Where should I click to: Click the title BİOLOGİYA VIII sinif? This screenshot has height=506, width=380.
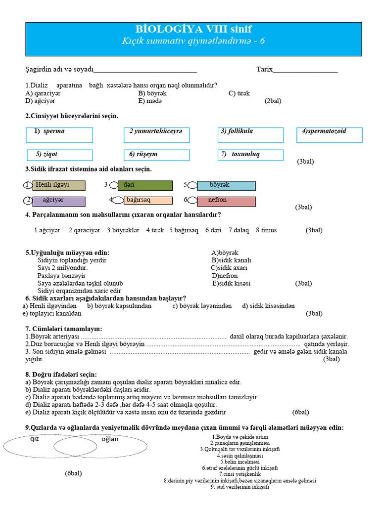tap(193, 29)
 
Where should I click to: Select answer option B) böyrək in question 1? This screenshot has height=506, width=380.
tap(152, 93)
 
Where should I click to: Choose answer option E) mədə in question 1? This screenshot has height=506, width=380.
tap(150, 101)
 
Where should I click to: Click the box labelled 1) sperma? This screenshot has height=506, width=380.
tap(59, 135)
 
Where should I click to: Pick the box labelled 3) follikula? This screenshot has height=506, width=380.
tap(250, 135)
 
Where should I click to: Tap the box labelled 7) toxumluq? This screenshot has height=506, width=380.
tap(250, 155)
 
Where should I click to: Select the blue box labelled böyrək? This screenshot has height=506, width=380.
tap(226, 186)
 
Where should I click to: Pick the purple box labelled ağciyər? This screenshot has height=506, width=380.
tap(58, 202)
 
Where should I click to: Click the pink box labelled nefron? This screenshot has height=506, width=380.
tap(226, 201)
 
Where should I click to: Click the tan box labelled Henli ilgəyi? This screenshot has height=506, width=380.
tap(58, 186)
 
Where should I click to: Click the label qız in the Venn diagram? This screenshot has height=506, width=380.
tap(35, 439)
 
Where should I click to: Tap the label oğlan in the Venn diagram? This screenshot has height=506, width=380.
tap(110, 439)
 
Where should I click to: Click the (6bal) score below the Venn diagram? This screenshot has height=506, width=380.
tap(73, 473)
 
